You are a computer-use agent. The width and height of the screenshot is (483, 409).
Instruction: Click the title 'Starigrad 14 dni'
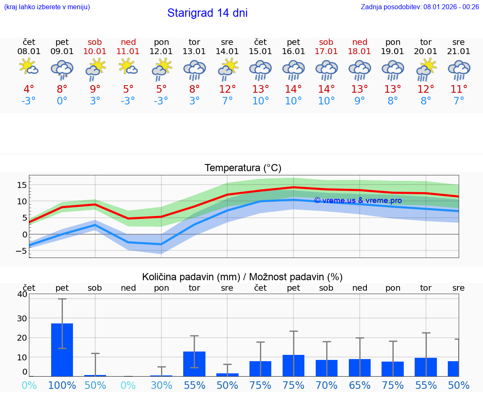[207, 13]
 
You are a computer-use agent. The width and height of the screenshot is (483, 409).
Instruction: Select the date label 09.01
[62, 52]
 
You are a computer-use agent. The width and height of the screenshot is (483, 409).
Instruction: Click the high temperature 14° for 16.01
[293, 89]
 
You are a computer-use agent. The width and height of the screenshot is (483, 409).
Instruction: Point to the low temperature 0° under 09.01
[62, 101]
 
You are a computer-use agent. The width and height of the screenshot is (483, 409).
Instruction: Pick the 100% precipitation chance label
[62, 385]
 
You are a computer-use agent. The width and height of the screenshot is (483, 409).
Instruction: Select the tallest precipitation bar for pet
[62, 349]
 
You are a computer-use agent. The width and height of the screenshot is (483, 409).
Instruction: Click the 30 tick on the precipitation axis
[22, 318]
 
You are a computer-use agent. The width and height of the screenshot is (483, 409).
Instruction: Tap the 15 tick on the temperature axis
[22, 185]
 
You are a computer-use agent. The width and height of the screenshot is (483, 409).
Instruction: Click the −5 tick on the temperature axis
[21, 251]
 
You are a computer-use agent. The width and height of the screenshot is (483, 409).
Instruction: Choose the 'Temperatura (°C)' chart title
[243, 168]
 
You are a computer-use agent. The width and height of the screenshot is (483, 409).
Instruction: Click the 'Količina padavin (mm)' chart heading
[191, 277]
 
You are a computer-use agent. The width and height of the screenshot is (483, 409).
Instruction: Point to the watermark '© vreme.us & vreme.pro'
[358, 201]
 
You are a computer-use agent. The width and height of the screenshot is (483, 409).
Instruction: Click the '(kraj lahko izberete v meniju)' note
[47, 7]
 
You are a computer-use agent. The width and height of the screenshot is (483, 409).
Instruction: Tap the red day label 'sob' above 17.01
[326, 42]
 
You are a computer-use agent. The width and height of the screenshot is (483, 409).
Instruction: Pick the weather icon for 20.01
[426, 69]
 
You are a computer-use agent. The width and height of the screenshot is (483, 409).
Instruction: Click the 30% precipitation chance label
[161, 385]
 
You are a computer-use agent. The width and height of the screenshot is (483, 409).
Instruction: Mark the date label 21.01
[459, 52]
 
